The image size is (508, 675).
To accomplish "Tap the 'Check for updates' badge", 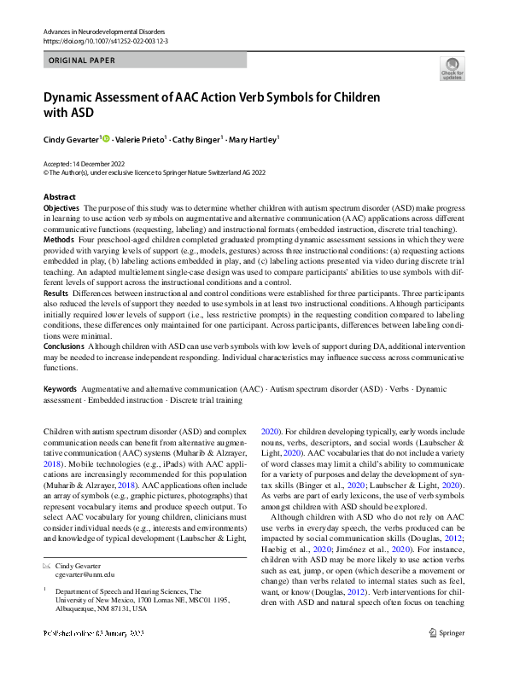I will tap(452, 69).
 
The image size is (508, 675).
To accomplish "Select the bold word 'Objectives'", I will tap(61, 208).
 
